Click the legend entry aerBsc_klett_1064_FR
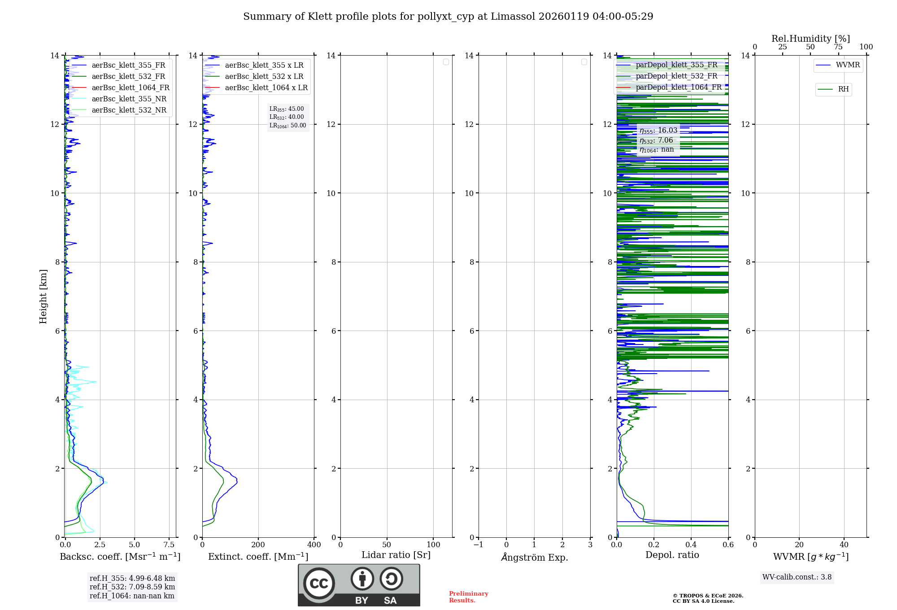coord(130,88)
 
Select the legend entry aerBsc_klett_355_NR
coord(129,99)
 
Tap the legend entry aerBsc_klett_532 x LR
coord(264,77)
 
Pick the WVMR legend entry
coord(847,65)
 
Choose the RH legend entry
coord(843,89)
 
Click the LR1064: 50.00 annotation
coord(288,126)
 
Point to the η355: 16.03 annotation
coord(658,131)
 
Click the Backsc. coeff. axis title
coord(120,557)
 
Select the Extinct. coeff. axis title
coord(258,557)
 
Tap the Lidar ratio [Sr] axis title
coord(396,555)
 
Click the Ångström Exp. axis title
coord(535,557)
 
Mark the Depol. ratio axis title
coord(672,555)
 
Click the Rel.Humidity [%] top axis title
coord(810,39)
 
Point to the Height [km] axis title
coord(43,296)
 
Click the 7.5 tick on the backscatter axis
coord(169,545)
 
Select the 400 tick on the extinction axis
coord(314,545)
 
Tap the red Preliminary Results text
coord(468,597)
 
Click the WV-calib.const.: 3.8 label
coord(797,577)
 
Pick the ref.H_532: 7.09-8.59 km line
coord(132,587)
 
